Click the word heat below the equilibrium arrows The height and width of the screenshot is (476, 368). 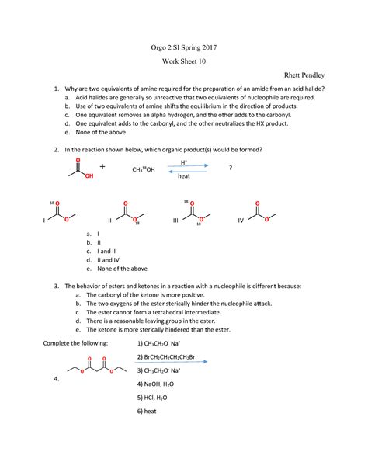[184, 176]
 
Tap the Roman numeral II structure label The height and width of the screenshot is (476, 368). [109, 221]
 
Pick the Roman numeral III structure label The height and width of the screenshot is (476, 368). [175, 221]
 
